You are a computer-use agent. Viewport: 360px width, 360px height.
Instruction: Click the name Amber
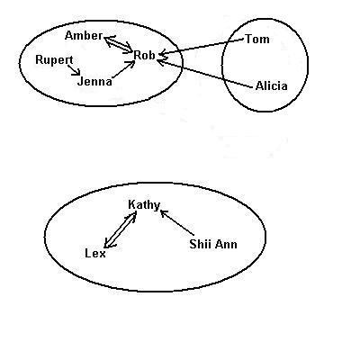(x=84, y=36)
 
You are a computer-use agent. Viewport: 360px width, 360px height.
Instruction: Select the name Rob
(x=144, y=55)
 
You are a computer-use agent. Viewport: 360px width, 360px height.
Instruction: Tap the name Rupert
(x=54, y=60)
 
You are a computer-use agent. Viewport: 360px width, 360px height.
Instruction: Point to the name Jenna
(x=94, y=81)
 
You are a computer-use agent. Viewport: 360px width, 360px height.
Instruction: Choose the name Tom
(x=257, y=39)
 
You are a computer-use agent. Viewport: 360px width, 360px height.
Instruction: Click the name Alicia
(x=272, y=86)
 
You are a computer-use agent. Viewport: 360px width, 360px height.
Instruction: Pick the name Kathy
(x=144, y=205)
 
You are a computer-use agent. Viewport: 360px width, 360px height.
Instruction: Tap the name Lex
(x=95, y=254)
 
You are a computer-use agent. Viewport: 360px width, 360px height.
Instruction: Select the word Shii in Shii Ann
(x=200, y=244)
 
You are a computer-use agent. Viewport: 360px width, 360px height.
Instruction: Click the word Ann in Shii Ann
(x=225, y=244)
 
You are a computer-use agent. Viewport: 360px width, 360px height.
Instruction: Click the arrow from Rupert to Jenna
(x=74, y=70)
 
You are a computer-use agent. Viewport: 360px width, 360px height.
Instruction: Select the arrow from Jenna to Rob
(x=123, y=69)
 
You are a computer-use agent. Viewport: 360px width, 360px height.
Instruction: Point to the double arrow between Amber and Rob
(x=118, y=44)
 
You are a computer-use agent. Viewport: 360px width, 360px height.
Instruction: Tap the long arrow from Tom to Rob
(x=202, y=47)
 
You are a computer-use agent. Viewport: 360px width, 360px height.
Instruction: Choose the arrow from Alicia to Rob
(x=204, y=75)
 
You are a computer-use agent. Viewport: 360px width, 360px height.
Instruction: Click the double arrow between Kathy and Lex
(x=120, y=229)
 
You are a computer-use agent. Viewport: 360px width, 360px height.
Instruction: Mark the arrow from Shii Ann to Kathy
(x=177, y=222)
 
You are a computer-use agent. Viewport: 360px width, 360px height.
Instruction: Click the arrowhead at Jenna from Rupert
(x=78, y=72)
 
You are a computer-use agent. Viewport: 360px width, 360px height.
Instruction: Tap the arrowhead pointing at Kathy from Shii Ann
(x=164, y=212)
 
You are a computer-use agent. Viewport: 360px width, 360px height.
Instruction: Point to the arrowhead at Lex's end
(x=107, y=244)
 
